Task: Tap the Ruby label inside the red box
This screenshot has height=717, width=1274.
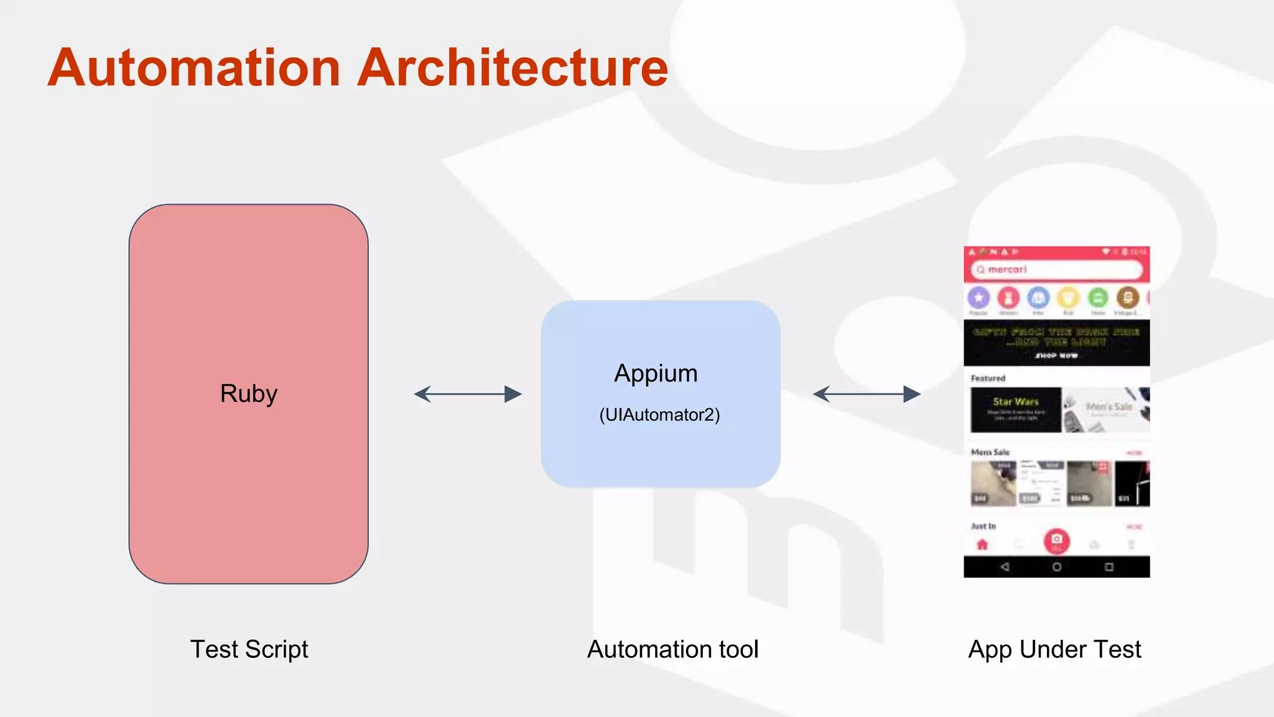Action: click(248, 394)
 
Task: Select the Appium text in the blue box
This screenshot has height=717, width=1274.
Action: click(656, 373)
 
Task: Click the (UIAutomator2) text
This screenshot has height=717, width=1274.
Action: click(659, 415)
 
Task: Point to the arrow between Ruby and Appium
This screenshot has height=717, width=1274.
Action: click(468, 394)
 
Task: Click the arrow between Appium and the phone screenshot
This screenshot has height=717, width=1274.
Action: click(867, 394)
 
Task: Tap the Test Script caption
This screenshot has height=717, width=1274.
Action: click(249, 649)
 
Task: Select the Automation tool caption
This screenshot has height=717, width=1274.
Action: click(672, 649)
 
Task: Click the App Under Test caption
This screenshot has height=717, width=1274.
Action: click(1054, 649)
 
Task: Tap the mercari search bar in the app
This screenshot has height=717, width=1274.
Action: click(1056, 269)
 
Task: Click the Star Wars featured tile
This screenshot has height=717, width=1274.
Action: click(1015, 410)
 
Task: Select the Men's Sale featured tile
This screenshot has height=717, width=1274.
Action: click(1107, 410)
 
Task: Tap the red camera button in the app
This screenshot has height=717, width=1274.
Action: click(1056, 540)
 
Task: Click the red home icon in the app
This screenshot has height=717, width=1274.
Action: click(982, 545)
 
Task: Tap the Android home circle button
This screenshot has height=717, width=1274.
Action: click(1056, 567)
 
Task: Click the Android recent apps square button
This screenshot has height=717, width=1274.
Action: click(1109, 567)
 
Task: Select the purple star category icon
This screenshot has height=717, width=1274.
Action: click(979, 298)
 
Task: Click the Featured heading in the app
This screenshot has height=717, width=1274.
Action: click(988, 378)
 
